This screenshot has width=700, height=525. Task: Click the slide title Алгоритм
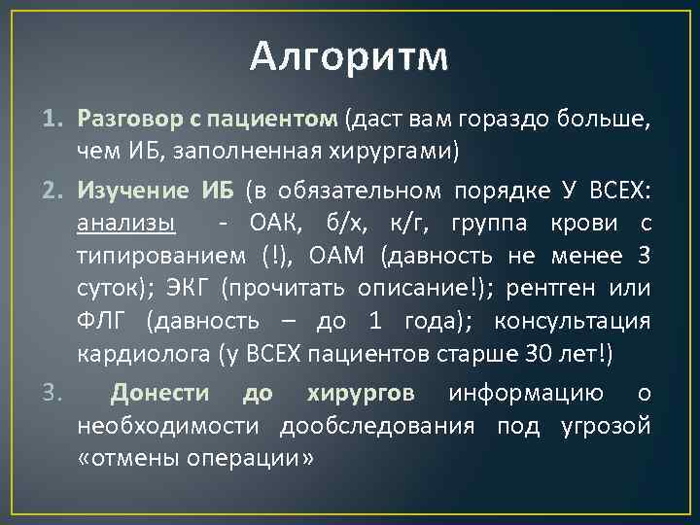point(349,57)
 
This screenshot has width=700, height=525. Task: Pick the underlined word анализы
point(126,225)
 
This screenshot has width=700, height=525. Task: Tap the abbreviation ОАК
point(275,225)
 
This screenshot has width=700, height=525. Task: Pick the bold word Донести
point(160,393)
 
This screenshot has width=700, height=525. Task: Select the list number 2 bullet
point(53,191)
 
